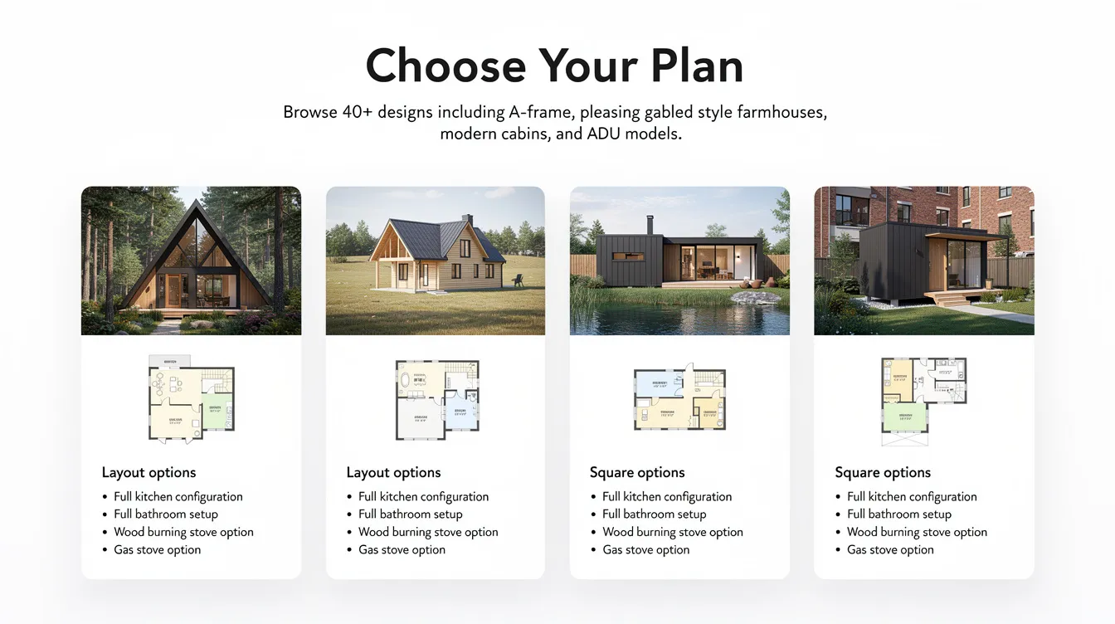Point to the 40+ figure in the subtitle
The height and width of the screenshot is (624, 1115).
(357, 112)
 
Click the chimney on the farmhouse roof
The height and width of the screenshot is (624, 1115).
(467, 221)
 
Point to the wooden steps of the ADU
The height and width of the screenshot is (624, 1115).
(944, 300)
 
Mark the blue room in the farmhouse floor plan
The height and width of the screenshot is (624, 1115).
(460, 412)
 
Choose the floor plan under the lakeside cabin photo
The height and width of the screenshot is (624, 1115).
(679, 399)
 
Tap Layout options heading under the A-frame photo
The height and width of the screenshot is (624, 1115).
(149, 472)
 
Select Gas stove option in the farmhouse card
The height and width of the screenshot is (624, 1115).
(402, 549)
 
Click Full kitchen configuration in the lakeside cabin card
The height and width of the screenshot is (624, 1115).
(667, 496)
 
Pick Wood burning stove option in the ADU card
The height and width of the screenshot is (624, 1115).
(917, 532)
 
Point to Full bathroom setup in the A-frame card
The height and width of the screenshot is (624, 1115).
(166, 514)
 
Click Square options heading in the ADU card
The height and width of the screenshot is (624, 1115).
(883, 472)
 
